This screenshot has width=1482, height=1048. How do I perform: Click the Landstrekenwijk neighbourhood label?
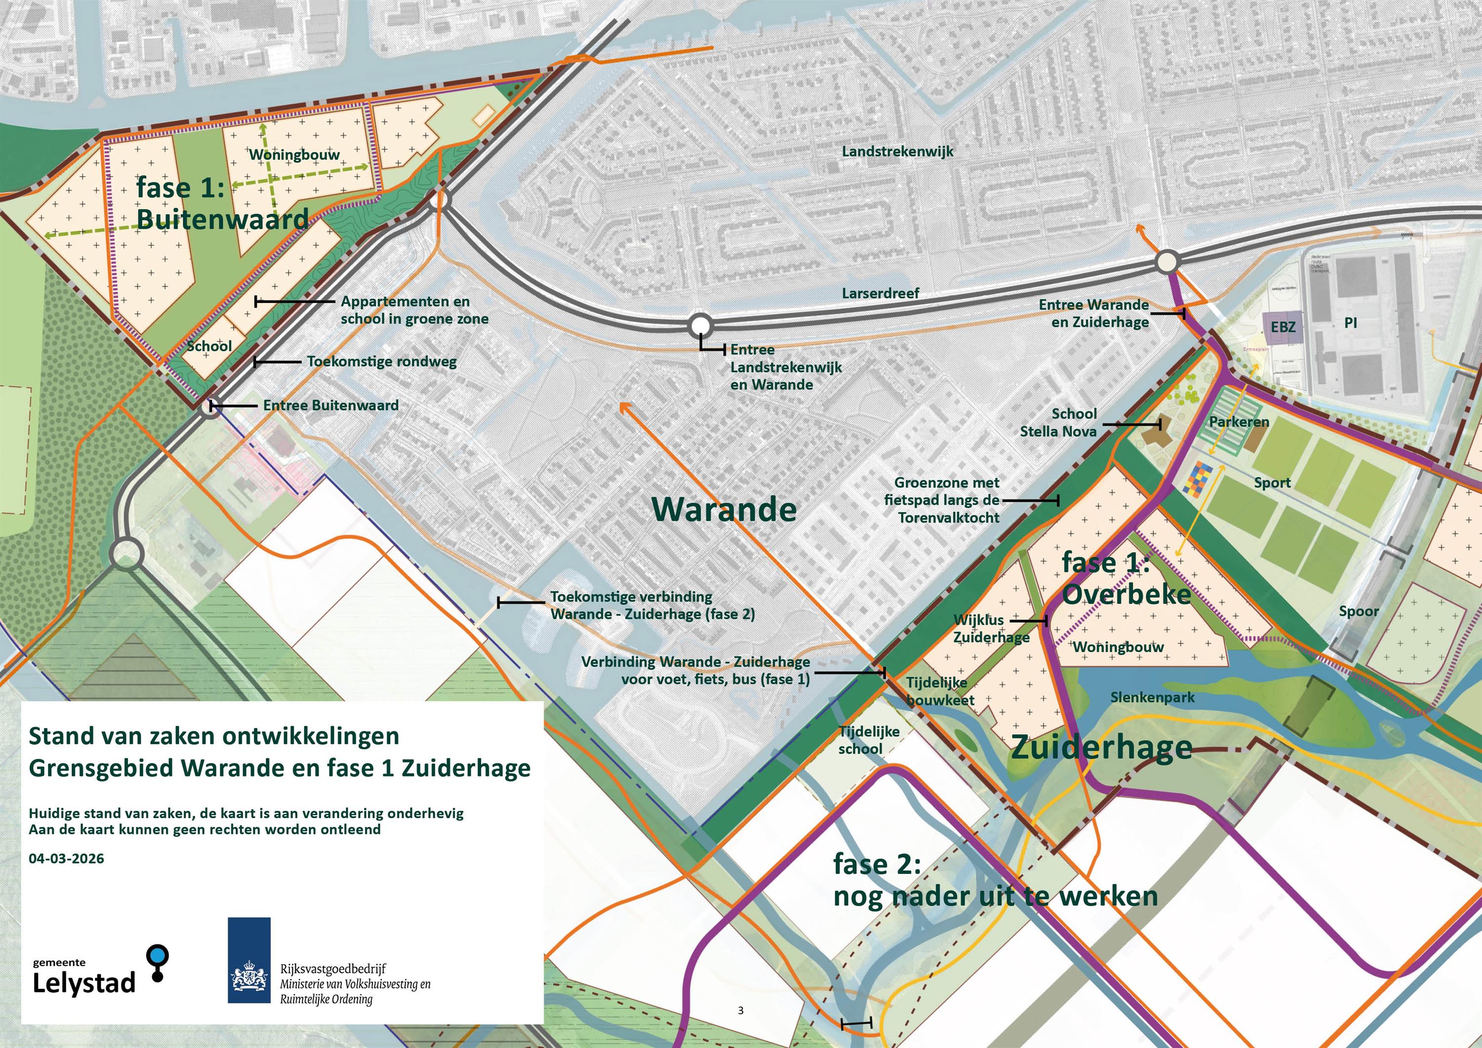tap(897, 152)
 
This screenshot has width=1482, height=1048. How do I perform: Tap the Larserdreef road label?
tap(880, 293)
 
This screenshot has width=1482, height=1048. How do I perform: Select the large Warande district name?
tap(724, 510)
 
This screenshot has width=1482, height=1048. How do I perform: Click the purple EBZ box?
tap(1282, 327)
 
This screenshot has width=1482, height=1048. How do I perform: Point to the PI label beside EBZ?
tap(1350, 323)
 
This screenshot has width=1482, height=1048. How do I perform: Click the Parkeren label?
tap(1238, 422)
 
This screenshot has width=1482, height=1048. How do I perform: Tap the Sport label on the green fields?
tap(1272, 482)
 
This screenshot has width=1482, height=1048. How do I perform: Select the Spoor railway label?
tap(1358, 611)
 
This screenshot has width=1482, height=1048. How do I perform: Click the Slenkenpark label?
tap(1152, 698)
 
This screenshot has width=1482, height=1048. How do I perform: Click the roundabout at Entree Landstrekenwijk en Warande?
tap(701, 325)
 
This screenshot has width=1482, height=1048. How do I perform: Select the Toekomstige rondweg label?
tap(381, 361)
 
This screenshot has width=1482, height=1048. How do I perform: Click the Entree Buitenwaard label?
tap(330, 405)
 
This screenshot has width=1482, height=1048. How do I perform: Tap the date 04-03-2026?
tap(67, 859)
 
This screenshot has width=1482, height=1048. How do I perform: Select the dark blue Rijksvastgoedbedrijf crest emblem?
tap(249, 960)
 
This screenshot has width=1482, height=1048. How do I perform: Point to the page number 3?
tap(741, 1010)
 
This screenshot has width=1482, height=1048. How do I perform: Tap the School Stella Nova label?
tap(1058, 422)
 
